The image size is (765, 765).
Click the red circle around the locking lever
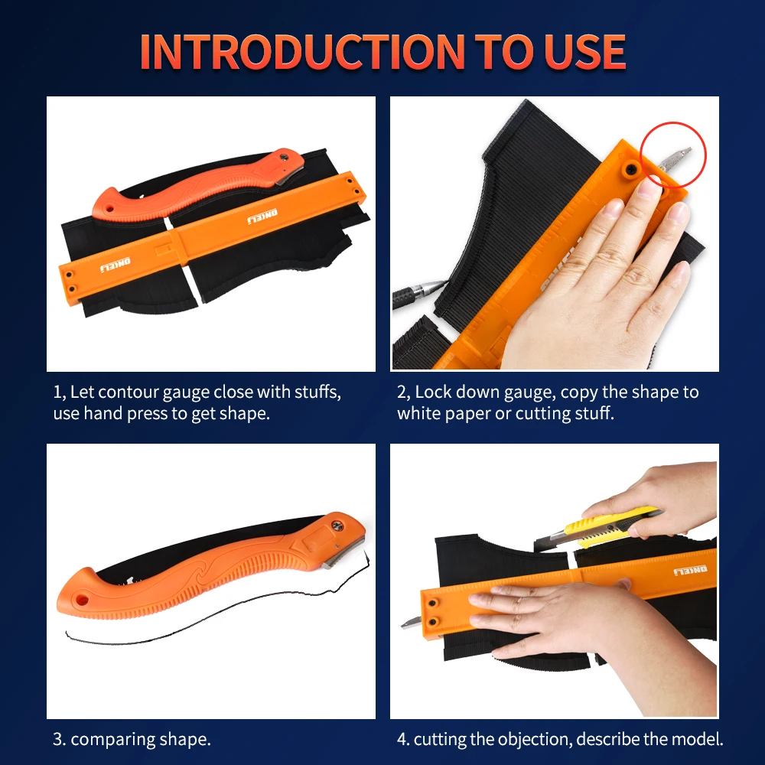[x=673, y=156]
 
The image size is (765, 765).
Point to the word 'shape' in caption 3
[x=183, y=740]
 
